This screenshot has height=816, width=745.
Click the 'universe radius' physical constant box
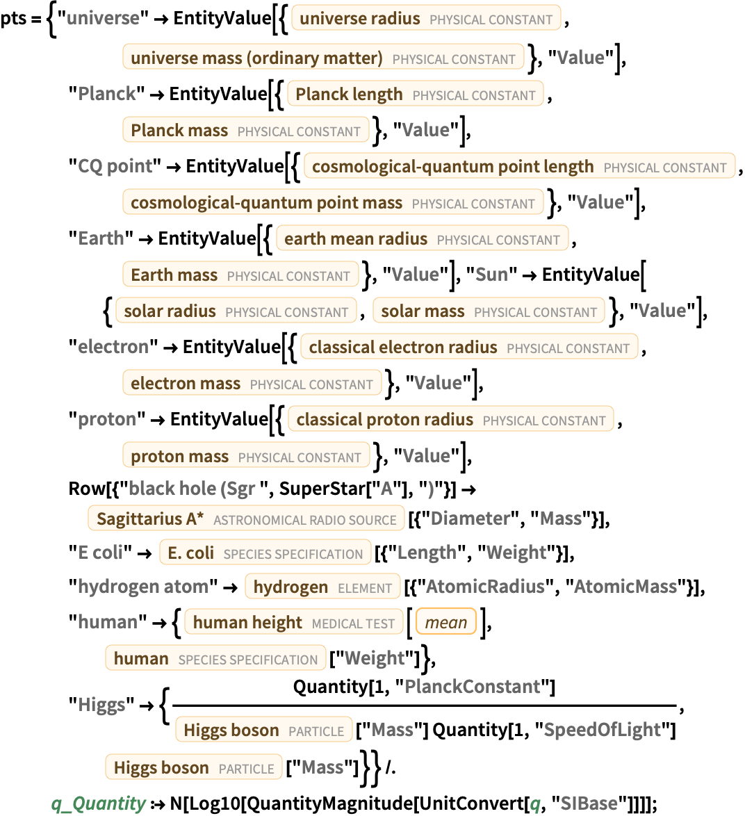[425, 19]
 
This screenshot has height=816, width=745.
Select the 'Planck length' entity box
[415, 94]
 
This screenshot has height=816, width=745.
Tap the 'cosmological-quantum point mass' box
[333, 202]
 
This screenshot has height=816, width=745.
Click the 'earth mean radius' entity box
[422, 238]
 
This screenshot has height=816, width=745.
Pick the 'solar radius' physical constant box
[236, 311]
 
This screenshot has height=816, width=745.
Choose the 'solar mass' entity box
[489, 311]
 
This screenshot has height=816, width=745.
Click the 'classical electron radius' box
[469, 347]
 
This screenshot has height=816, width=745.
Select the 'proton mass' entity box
[246, 456]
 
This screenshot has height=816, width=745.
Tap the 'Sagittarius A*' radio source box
[246, 519]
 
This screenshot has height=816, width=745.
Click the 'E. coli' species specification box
[265, 553]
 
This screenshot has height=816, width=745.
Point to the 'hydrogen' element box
[322, 587]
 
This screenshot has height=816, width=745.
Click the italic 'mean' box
[446, 622]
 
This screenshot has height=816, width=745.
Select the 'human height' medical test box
[293, 622]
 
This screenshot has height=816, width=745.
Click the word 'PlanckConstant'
[472, 687]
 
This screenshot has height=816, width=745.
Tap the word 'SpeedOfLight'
[602, 730]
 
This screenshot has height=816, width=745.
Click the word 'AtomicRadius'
[485, 587]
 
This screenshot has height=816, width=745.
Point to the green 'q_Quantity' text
[98, 803]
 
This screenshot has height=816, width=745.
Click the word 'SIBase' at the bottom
[589, 803]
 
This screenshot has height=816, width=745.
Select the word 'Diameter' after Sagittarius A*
[470, 519]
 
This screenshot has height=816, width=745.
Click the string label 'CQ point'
[115, 166]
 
